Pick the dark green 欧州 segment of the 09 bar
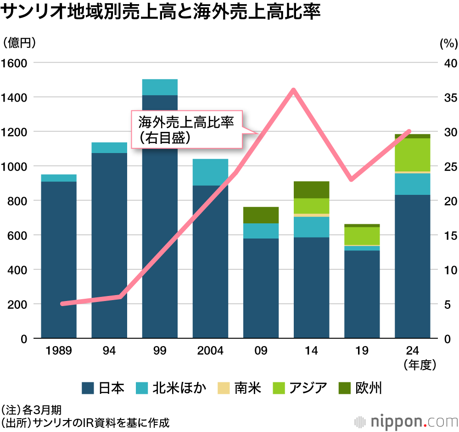pyautogui.click(x=261, y=215)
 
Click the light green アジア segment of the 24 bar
pyautogui.click(x=412, y=154)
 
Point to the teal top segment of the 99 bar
pyautogui.click(x=160, y=87)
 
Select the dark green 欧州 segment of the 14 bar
pyautogui.click(x=311, y=189)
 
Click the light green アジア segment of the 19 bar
pyautogui.click(x=362, y=236)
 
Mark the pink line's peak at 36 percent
pyautogui.click(x=293, y=90)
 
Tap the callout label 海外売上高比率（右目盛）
pyautogui.click(x=186, y=129)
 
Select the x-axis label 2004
pyautogui.click(x=210, y=351)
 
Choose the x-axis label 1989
pyautogui.click(x=59, y=351)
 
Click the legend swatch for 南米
pyautogui.click(x=224, y=388)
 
